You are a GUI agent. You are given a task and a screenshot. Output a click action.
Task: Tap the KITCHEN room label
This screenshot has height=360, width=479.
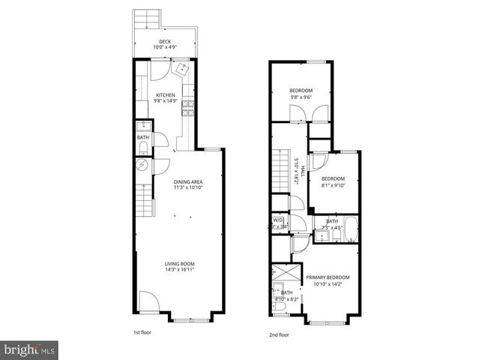click(x=165, y=95)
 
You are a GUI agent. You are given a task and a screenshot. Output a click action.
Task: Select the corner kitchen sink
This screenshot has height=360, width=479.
click(x=183, y=69)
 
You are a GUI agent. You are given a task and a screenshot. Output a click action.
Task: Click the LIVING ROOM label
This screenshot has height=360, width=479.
click(x=180, y=263)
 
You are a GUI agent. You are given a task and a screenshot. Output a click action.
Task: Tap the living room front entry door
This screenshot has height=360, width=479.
click(x=148, y=304)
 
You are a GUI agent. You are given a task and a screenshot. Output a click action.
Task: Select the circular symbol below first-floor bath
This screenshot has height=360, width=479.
click(x=140, y=166)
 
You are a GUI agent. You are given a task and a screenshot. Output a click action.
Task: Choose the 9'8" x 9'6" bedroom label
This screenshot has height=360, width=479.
click(x=301, y=91)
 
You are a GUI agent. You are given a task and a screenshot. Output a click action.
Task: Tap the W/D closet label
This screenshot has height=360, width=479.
click(x=279, y=220)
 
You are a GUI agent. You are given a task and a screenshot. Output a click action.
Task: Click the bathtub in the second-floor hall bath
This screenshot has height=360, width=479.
click(x=346, y=235)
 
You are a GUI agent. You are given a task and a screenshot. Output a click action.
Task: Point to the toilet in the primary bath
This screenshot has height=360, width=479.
click(x=280, y=305)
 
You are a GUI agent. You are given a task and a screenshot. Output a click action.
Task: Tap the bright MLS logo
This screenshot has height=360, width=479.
click(x=29, y=349)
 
